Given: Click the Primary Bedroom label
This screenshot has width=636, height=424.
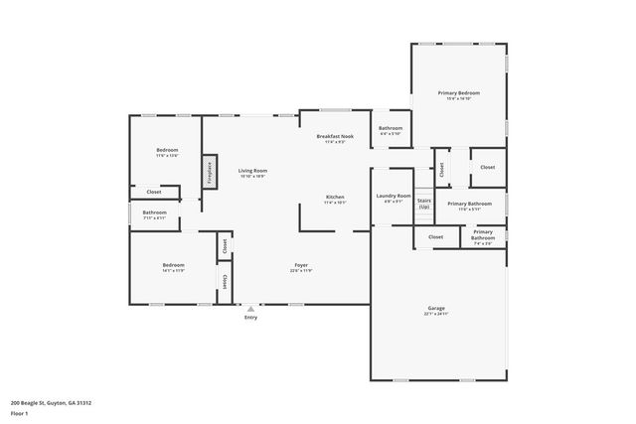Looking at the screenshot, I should (x=458, y=92).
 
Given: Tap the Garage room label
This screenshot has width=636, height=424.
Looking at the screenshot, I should (x=436, y=308).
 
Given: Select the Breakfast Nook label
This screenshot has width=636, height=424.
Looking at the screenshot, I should (x=335, y=136).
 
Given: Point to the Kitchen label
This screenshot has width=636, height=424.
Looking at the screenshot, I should (x=335, y=198).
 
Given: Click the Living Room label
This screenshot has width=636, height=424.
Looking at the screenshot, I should (x=252, y=171).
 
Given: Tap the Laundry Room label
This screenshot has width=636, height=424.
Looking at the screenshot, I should (x=393, y=197).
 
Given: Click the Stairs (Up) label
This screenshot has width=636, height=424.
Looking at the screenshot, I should (x=423, y=203).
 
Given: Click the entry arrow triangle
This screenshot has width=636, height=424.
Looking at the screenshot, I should (x=250, y=309).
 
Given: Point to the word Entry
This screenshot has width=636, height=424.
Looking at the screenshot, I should (x=250, y=318).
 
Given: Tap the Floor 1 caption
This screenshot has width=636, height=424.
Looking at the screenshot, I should (x=20, y=413).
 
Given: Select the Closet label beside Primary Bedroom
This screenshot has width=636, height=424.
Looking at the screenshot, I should (x=487, y=167).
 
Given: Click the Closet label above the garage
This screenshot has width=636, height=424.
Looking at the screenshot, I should (x=435, y=237).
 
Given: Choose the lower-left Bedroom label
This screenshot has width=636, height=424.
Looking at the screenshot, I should (x=174, y=265).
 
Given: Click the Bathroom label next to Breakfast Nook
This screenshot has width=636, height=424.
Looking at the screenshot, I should (x=391, y=128).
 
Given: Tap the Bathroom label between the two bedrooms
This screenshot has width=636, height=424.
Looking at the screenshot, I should (x=154, y=212).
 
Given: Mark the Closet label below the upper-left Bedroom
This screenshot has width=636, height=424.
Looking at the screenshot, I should (x=154, y=192).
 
